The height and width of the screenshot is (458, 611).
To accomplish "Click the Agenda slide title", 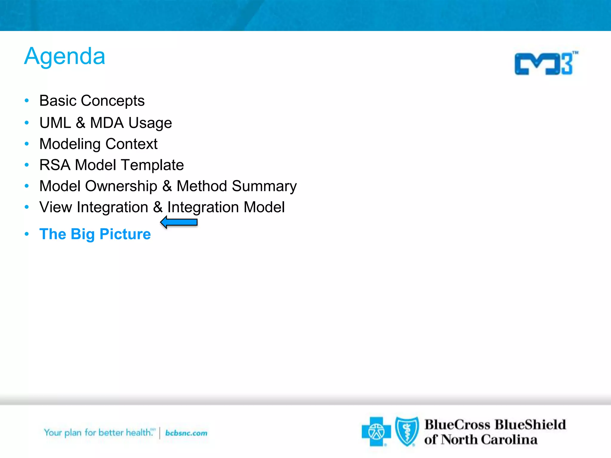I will (x=65, y=56).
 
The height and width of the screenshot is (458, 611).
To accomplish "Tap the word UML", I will (x=55, y=123).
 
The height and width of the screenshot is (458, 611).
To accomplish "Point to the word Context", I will (x=131, y=144).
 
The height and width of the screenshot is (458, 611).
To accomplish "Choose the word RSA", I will (x=55, y=165).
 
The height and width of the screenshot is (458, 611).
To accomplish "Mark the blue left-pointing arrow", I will (x=179, y=222).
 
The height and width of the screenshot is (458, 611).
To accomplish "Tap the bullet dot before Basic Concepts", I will (x=27, y=101).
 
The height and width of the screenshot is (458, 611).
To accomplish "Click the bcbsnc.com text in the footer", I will (x=186, y=433).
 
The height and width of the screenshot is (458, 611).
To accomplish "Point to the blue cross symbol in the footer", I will (x=376, y=431).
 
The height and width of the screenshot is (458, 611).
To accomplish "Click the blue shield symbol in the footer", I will (x=407, y=431).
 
